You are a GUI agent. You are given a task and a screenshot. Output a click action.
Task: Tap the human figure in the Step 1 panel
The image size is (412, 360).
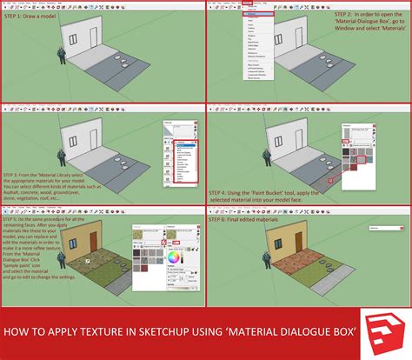[62, 54]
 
